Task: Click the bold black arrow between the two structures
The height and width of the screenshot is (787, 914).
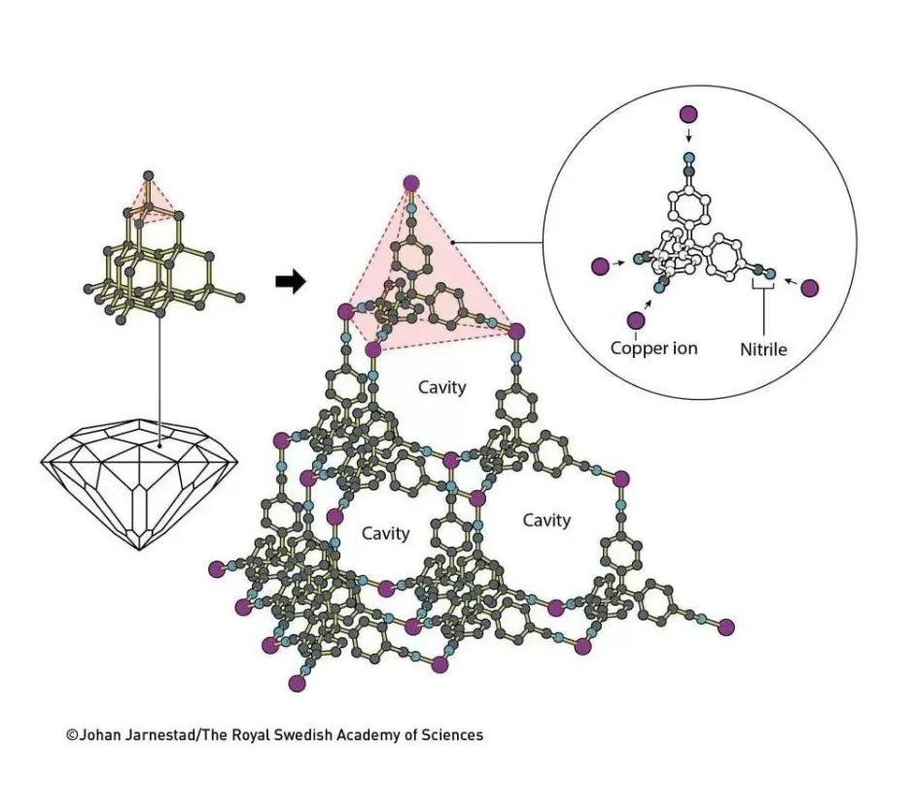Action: point(291,282)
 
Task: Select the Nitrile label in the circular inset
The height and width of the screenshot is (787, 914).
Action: point(763,347)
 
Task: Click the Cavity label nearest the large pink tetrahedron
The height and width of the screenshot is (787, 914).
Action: point(442,387)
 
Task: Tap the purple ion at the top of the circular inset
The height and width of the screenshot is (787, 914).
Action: point(688,115)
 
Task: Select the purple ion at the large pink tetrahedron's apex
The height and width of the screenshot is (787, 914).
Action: point(411,183)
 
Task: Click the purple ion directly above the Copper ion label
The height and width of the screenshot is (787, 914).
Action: point(637,320)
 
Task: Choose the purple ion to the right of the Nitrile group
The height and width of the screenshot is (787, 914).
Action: point(810,288)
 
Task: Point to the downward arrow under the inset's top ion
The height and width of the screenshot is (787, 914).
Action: point(688,136)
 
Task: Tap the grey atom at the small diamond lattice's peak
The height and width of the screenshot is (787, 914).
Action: point(148,176)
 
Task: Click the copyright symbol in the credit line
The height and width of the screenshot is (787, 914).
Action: point(72,735)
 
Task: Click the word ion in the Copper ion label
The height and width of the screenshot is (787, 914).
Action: point(685,347)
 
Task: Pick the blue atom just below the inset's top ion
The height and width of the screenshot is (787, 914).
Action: point(688,157)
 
